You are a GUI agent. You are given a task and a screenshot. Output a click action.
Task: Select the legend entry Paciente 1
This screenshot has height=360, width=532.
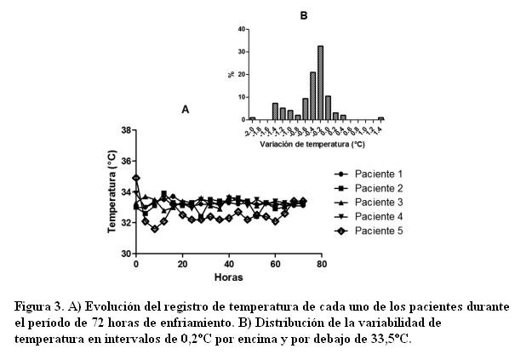coord(378,174)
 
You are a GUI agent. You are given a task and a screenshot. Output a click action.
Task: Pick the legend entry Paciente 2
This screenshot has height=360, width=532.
coord(378,187)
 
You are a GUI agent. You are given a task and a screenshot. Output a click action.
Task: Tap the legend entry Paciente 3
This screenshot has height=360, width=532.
coord(378,202)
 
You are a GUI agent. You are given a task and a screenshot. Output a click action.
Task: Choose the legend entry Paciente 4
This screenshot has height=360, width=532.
coord(378,216)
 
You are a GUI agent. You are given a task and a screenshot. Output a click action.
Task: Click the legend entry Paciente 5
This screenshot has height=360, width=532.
coord(378,230)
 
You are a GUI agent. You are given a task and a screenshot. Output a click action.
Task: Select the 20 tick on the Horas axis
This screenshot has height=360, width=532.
coord(182,264)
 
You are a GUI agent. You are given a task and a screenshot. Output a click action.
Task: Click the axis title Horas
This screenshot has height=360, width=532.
coord(229,277)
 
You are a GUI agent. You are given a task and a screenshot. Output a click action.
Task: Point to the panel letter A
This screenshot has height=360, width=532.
coord(186,110)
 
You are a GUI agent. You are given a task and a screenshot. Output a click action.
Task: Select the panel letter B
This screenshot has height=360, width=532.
coord(304,15)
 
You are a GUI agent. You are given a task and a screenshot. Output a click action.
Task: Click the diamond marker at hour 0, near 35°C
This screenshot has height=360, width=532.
coord(136,177)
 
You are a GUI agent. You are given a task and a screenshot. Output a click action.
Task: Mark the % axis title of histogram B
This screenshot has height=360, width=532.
coord(231,74)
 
